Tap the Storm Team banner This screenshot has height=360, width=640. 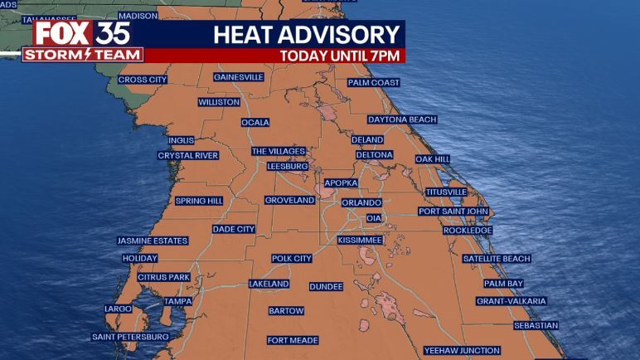tap(82, 55)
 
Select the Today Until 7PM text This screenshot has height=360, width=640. tap(340, 56)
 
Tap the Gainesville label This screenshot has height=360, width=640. tap(238, 77)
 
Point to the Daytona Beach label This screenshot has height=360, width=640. tap(401, 119)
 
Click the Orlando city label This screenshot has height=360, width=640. tap(361, 202)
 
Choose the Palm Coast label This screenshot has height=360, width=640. tap(373, 83)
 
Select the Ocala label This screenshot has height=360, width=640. tap(255, 123)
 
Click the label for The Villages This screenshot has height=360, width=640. tap(279, 151)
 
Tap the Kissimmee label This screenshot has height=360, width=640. tap(360, 240)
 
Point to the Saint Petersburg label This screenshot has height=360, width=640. tap(131, 337)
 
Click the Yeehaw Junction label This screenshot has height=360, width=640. tap(462, 350)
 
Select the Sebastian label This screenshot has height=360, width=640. tap(536, 325)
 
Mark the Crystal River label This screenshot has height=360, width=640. tap(188, 155)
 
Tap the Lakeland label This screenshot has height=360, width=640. tap(269, 284)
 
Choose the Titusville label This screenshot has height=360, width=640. tap(446, 192)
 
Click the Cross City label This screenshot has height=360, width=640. tap(143, 80)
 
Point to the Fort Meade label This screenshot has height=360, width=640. tap(293, 340)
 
